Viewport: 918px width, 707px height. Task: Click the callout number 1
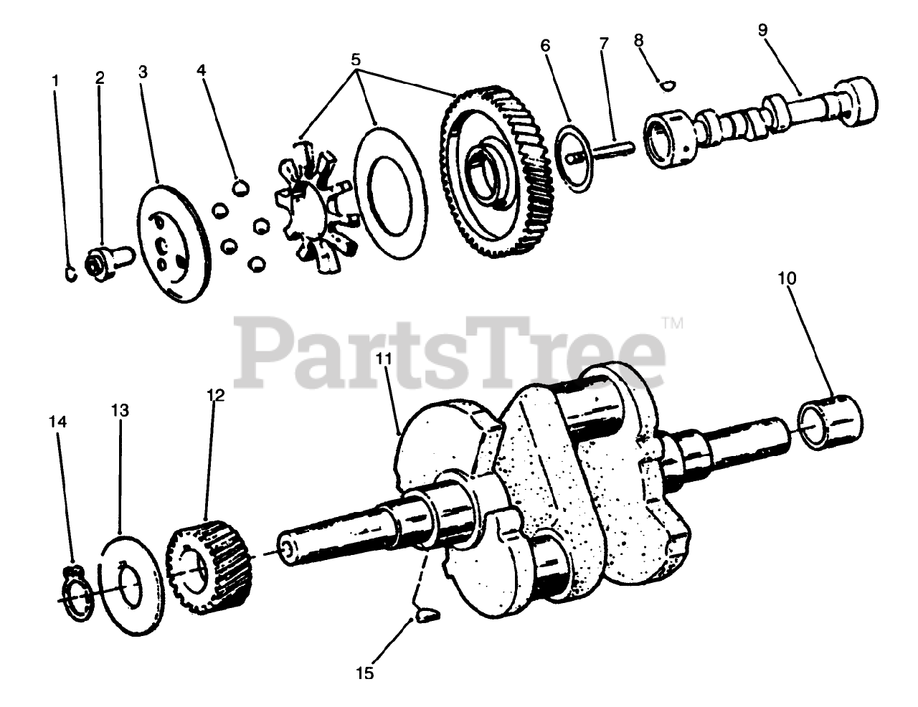click(x=55, y=80)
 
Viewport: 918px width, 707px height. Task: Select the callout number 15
click(x=365, y=673)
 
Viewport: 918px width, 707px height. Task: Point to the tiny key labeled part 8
click(x=667, y=85)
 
